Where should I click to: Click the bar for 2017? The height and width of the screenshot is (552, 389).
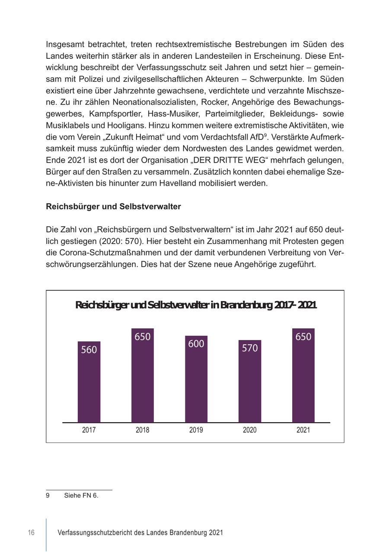[x=89, y=385]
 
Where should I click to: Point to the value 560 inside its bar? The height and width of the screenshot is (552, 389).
[x=89, y=350]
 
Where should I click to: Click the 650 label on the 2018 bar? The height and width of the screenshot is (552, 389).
[x=143, y=337]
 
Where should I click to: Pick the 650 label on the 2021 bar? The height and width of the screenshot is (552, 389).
[x=303, y=337]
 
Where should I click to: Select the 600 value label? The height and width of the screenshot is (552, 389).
[x=196, y=344]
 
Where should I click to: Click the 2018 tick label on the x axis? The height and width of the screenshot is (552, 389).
[x=143, y=430]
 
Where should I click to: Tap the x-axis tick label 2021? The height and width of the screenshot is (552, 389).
[x=303, y=430]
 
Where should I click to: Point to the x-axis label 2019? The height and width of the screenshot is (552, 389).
[x=196, y=430]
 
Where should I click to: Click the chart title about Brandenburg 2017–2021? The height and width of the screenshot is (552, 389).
[x=196, y=305]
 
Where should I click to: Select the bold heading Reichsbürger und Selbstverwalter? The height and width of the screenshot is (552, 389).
[x=113, y=206]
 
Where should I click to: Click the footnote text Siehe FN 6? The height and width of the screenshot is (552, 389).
[x=81, y=496]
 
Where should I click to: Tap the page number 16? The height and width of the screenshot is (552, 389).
[x=31, y=533]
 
